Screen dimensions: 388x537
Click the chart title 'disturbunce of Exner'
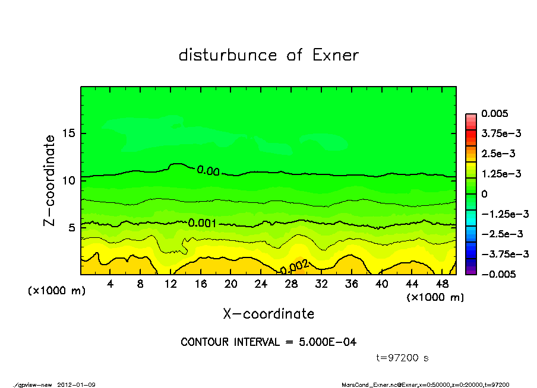(x=268, y=55)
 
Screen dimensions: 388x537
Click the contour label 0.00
(x=208, y=171)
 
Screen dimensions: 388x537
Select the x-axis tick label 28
(x=291, y=284)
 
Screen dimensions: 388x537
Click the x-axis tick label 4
(x=110, y=284)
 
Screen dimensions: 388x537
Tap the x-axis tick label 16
(x=201, y=284)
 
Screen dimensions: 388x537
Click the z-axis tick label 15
(x=69, y=133)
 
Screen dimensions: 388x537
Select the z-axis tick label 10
(x=69, y=180)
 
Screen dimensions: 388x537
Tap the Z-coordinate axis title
(x=50, y=180)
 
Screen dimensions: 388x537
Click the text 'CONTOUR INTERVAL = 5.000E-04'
(x=268, y=342)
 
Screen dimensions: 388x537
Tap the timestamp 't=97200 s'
(x=403, y=358)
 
